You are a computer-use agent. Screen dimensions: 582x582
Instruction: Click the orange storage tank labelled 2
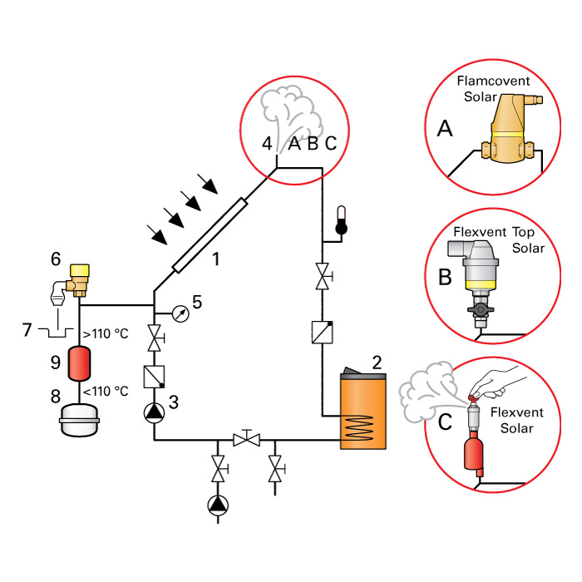tap(365, 412)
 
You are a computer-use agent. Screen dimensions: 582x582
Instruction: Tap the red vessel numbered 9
tap(78, 363)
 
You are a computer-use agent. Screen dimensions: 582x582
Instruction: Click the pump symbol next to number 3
tap(155, 412)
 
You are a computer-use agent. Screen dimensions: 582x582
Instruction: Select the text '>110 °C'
tap(106, 335)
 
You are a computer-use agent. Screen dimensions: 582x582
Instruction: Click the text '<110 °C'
tap(106, 391)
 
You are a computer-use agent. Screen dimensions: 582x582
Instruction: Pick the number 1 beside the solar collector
tap(215, 259)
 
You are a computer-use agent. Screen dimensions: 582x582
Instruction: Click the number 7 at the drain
tap(27, 329)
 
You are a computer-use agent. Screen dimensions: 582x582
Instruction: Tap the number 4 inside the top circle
tap(267, 143)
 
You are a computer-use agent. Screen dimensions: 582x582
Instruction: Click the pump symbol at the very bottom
tap(219, 505)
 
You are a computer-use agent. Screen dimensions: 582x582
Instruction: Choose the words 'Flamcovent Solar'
tap(493, 90)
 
